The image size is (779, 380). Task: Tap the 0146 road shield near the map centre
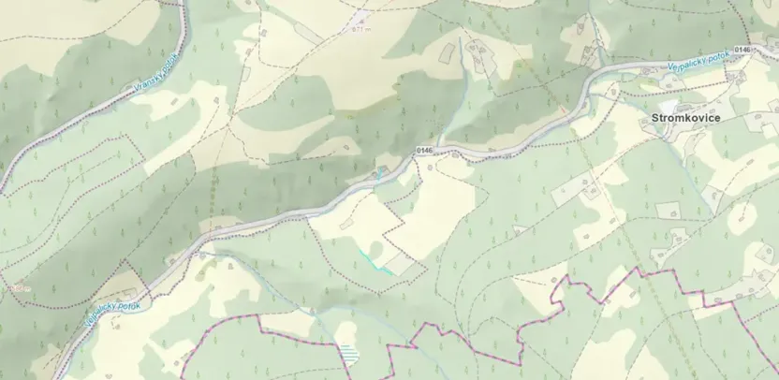point(425,151)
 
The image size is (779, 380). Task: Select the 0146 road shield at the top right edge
point(742,49)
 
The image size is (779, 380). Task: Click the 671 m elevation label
point(361,29)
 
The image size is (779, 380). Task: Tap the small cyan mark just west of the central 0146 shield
point(380,171)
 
